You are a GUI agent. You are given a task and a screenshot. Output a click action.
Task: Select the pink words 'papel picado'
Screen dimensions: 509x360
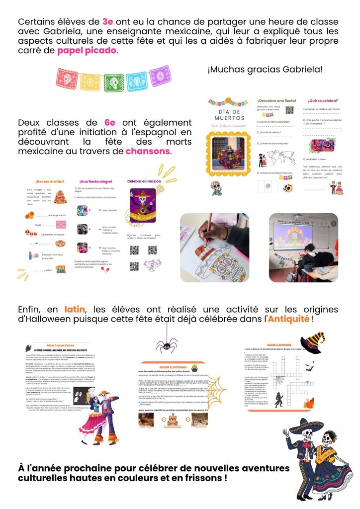pyautogui.click(x=88, y=51)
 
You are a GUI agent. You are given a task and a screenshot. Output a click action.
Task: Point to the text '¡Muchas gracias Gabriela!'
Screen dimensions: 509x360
pyautogui.click(x=265, y=69)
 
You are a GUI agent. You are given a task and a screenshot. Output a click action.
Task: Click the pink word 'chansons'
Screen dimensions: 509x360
pyautogui.click(x=148, y=151)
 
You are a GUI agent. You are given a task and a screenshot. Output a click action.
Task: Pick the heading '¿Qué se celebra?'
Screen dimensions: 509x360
pyautogui.click(x=318, y=100)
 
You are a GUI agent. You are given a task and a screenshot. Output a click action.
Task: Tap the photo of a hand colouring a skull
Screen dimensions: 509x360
pyautogui.click(x=214, y=248)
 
